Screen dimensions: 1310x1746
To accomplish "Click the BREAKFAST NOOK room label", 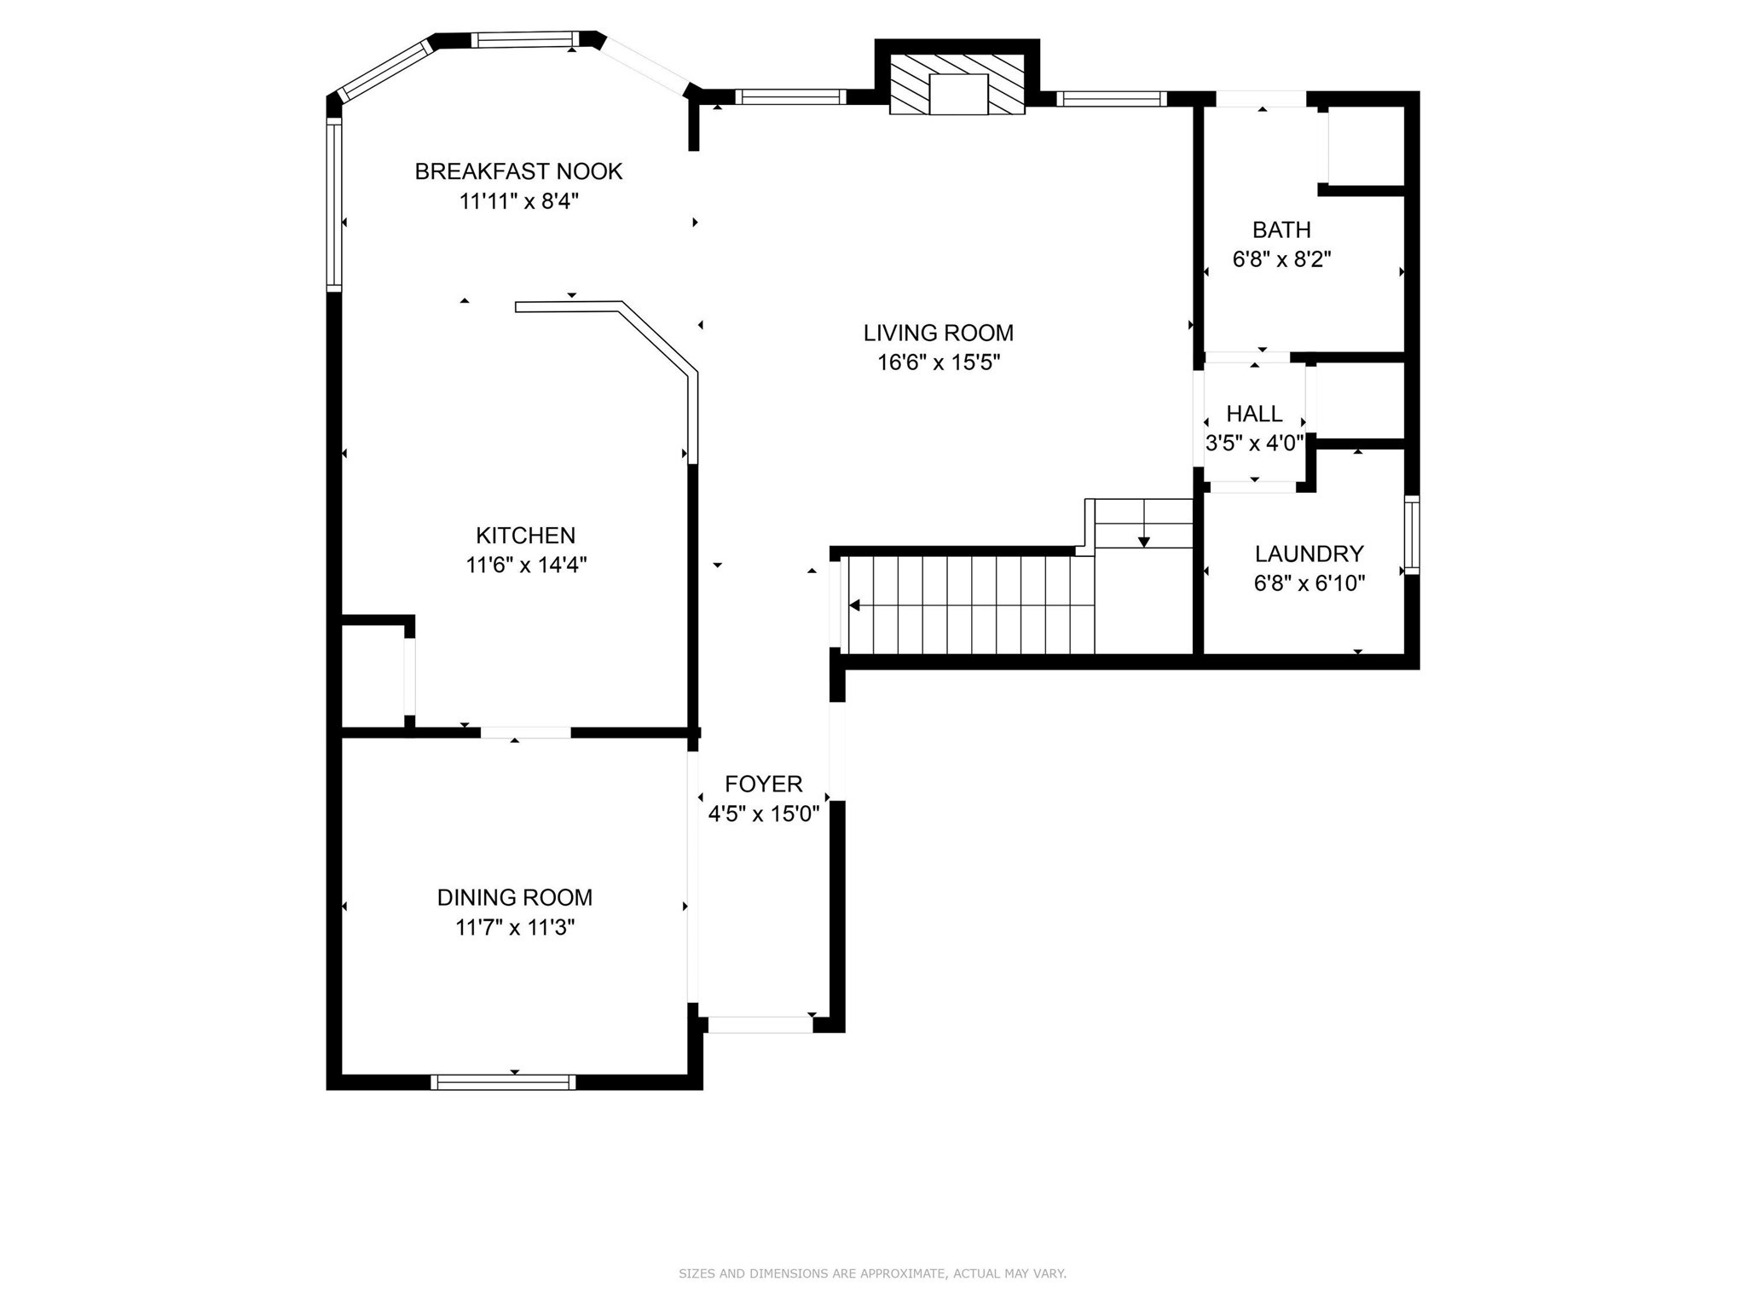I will [x=518, y=171].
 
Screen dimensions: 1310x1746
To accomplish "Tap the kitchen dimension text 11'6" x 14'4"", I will [x=526, y=565].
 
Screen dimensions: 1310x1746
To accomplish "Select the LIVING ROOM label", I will [x=938, y=333].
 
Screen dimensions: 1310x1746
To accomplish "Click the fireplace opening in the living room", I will [x=957, y=94].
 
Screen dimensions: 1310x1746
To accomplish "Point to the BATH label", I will [x=1281, y=229].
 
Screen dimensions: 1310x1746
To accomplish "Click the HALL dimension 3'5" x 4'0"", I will [x=1254, y=443].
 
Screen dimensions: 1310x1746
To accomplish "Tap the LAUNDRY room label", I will [x=1309, y=554].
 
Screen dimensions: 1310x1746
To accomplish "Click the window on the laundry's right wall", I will [x=1411, y=535].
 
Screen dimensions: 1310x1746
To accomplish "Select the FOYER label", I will [x=763, y=784].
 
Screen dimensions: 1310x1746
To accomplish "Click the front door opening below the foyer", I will [x=760, y=1024].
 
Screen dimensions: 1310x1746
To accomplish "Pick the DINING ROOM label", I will [x=514, y=897].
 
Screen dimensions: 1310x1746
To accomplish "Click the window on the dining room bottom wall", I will [x=503, y=1081].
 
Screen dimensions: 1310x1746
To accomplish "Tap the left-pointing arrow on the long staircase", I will [x=854, y=606].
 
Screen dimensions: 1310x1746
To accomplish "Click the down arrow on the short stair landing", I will [x=1143, y=541].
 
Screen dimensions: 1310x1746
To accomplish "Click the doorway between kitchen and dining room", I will [x=525, y=733].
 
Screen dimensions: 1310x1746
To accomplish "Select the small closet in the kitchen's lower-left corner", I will [x=373, y=676].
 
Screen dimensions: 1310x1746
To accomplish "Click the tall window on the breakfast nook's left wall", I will [x=334, y=205].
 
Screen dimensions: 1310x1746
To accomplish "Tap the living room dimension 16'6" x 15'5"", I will [x=938, y=362].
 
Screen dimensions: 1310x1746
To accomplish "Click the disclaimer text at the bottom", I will [x=872, y=1273].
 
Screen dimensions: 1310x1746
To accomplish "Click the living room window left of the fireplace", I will [x=790, y=97].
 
